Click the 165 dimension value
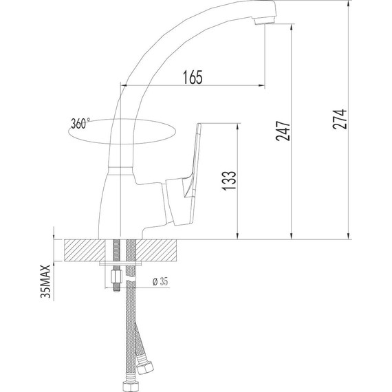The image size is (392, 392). (x=193, y=78)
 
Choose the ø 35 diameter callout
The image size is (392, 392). (x=159, y=281)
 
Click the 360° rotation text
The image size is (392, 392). (x=80, y=124)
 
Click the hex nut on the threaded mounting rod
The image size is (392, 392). (x=115, y=279)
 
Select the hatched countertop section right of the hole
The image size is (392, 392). (x=159, y=250)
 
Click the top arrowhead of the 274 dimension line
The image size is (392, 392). (x=348, y=6)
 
